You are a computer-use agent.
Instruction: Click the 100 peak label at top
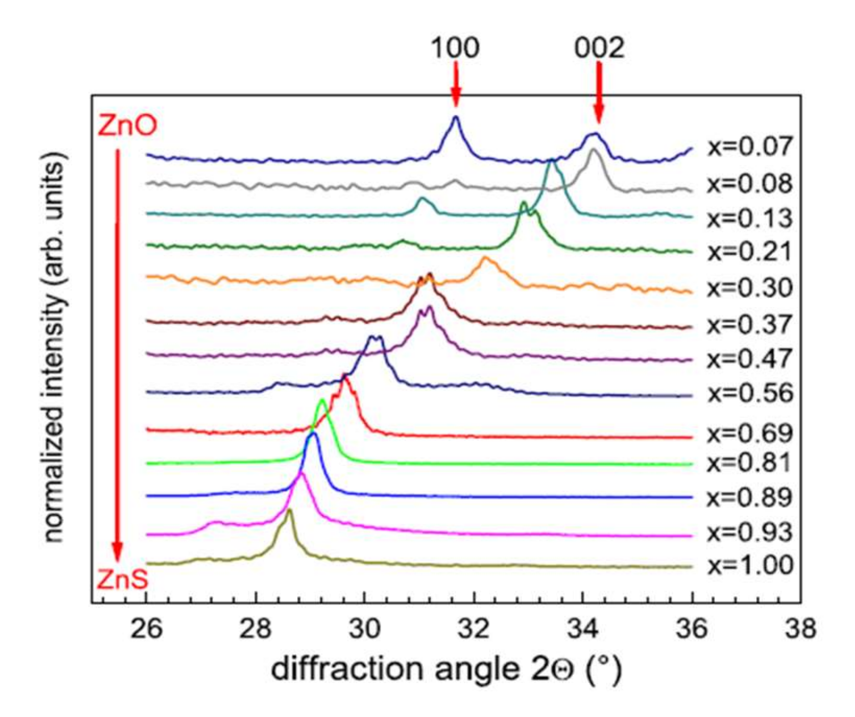click(x=455, y=48)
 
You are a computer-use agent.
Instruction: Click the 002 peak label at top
click(x=599, y=48)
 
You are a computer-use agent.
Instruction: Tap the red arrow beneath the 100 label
click(x=455, y=83)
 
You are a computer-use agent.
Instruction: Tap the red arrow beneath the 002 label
click(x=598, y=92)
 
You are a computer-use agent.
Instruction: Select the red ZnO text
click(x=127, y=127)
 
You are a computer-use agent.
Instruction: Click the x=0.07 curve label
click(x=750, y=147)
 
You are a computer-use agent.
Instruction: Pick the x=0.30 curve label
click(x=750, y=288)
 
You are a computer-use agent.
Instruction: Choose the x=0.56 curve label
click(x=750, y=393)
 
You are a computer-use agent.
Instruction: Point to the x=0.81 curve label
click(x=750, y=462)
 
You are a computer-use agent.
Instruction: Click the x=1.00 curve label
click(x=750, y=565)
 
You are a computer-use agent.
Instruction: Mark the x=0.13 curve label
click(x=750, y=218)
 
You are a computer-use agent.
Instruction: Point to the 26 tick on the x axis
click(x=147, y=628)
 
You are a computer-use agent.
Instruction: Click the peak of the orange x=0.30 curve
click(x=486, y=258)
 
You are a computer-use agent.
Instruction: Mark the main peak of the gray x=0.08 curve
click(x=593, y=149)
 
